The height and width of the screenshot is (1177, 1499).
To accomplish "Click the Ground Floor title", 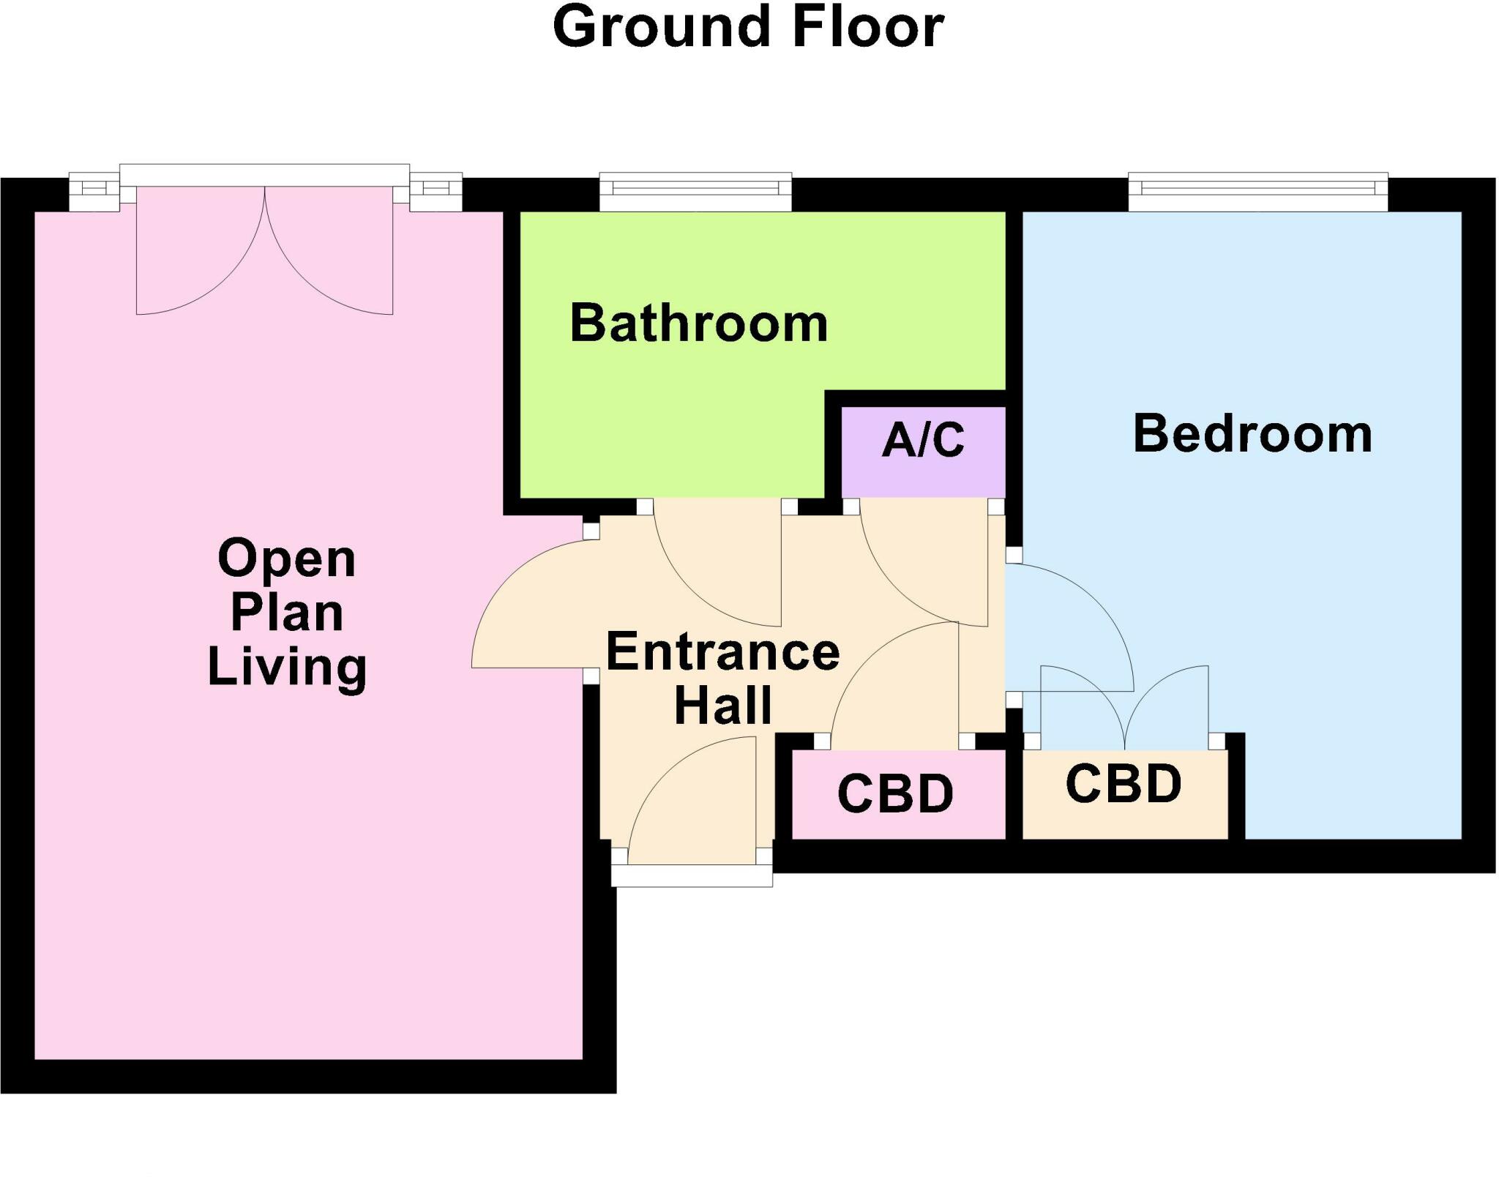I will click(748, 28).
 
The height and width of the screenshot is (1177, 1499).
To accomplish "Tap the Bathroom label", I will click(698, 324).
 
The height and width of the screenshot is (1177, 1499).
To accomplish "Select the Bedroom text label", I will click(1252, 434).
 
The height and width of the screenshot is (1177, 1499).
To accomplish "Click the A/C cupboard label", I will click(923, 441).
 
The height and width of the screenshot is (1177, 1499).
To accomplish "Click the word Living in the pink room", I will click(287, 666).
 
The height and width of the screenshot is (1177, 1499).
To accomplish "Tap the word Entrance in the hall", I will click(722, 652).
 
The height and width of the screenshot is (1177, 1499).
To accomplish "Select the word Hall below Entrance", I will click(722, 706).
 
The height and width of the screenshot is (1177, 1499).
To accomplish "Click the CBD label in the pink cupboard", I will click(895, 795).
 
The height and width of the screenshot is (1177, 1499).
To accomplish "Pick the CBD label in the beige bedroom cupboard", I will click(1124, 785).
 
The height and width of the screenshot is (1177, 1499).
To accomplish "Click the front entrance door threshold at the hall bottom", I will click(692, 875).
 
